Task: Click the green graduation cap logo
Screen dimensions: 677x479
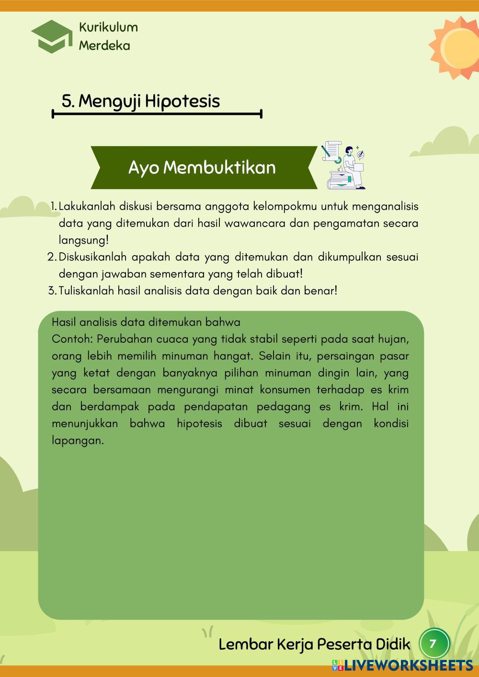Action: tap(52, 36)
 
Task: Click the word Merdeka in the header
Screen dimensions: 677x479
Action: tap(104, 45)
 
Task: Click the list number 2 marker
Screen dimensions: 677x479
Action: tap(52, 257)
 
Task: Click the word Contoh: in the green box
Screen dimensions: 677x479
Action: tap(72, 339)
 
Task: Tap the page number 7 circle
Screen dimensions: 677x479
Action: tap(434, 643)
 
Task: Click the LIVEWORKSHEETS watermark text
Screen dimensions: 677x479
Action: tap(407, 665)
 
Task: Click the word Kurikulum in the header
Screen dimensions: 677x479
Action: tap(108, 27)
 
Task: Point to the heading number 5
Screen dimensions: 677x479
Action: tap(68, 101)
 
